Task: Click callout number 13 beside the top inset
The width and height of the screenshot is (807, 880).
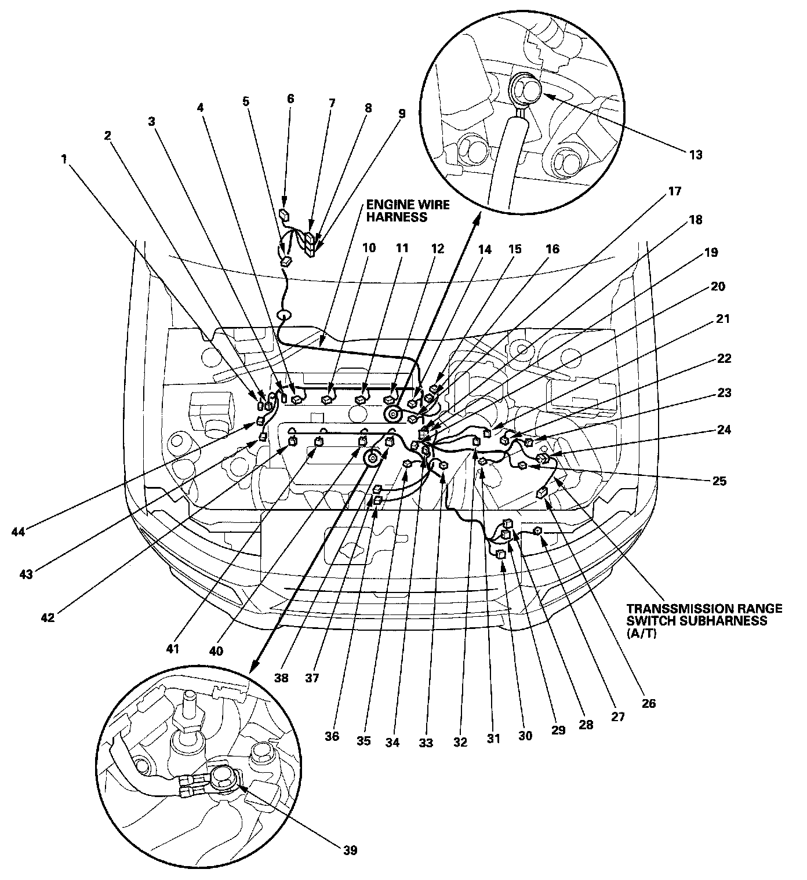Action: (x=695, y=155)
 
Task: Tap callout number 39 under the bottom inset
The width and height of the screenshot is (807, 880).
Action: (x=350, y=850)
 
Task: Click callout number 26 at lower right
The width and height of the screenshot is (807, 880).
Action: (x=648, y=703)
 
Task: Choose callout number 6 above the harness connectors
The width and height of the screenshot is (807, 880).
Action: (x=290, y=99)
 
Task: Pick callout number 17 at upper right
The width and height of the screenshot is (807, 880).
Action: (x=675, y=191)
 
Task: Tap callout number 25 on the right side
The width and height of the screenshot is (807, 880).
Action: (x=719, y=481)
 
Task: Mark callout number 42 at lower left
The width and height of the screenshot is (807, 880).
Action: (x=48, y=617)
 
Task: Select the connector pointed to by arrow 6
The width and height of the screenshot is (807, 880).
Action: (x=283, y=214)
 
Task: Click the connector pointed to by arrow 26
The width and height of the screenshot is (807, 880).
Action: (x=543, y=493)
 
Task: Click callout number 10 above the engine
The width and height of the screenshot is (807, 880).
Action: (x=369, y=248)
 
